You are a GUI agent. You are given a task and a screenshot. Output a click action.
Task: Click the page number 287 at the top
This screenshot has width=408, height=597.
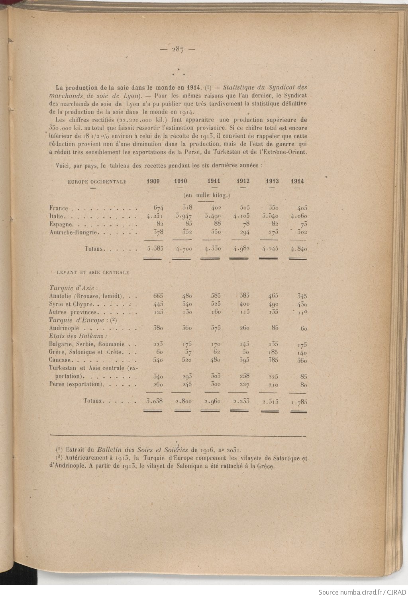[177, 50]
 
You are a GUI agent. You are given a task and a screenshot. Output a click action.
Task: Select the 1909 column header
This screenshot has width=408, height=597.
[153, 181]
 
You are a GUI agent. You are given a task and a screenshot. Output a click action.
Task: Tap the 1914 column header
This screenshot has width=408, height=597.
[297, 181]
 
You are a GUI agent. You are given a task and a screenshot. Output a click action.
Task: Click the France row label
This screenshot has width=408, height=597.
[59, 208]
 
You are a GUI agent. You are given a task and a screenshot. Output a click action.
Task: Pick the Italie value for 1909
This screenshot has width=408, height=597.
[153, 216]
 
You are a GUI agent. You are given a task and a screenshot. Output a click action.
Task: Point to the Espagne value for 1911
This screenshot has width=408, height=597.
[214, 224]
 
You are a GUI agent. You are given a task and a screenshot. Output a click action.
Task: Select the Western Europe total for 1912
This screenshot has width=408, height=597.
[240, 249]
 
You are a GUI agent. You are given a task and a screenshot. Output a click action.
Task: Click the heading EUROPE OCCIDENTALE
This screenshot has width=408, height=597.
[97, 182]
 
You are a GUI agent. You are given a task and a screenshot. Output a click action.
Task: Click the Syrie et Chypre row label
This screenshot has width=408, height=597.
[71, 304]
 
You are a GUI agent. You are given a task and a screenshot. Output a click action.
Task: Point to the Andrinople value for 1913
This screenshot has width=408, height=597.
[273, 328]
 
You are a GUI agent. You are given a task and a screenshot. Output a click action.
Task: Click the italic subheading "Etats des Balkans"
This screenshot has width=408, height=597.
[75, 336]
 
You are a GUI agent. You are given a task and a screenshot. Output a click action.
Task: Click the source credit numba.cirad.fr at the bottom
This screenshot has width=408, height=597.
[361, 592]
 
